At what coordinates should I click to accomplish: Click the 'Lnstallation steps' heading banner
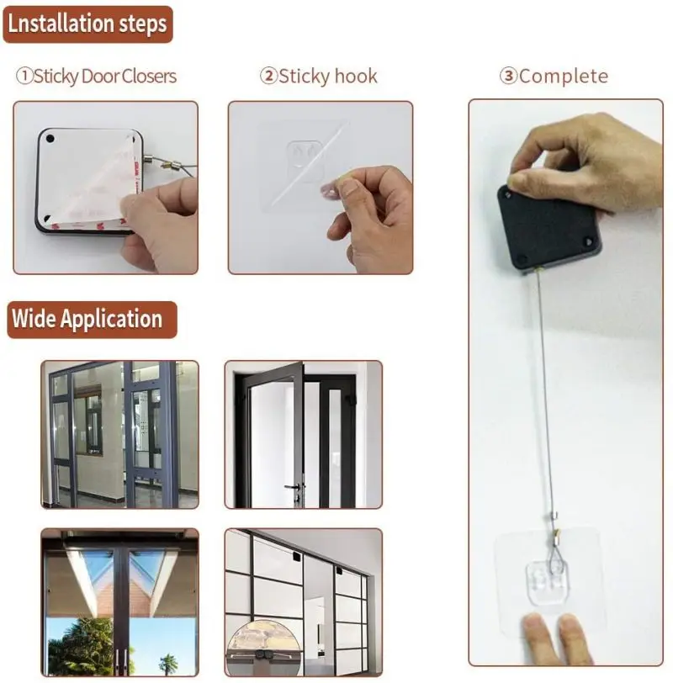coord(87,23)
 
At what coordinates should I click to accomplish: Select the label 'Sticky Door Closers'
coord(97,77)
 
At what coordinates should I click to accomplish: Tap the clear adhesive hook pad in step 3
coord(550,572)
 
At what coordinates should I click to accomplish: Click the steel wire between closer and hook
coord(545,387)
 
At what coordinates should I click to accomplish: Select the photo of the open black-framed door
coord(303,435)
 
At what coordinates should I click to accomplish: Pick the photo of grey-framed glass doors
coord(120,435)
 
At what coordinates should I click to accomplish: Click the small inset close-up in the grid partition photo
coord(261,648)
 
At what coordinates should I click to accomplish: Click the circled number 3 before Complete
coord(508,77)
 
